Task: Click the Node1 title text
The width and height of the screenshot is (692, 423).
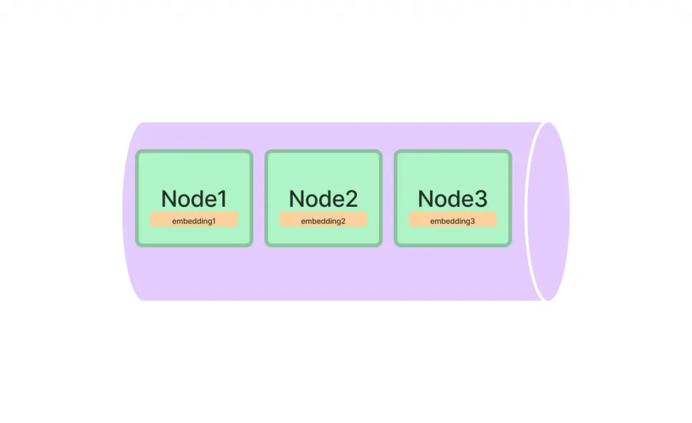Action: [x=194, y=199]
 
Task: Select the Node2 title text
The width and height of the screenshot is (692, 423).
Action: [x=324, y=199]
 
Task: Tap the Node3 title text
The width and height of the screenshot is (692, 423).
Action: [x=453, y=199]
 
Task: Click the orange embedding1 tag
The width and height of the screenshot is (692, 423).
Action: [x=194, y=220]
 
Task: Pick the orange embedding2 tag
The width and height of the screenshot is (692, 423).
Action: [x=324, y=220]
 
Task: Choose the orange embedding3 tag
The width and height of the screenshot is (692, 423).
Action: [x=453, y=220]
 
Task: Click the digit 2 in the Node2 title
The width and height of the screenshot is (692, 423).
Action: [x=351, y=199]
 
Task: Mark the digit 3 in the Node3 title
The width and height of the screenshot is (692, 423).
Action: [x=481, y=199]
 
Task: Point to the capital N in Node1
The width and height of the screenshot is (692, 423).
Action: [x=169, y=199]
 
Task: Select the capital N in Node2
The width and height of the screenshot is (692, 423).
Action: [x=297, y=199]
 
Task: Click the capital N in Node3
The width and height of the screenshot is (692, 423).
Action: [x=426, y=199]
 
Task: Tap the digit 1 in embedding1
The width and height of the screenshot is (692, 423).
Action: [x=214, y=221]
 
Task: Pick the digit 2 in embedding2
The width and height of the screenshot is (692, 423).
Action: [x=343, y=221]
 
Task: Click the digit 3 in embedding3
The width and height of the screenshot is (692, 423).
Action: [x=472, y=221]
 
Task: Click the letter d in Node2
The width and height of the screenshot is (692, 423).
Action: [x=328, y=199]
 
